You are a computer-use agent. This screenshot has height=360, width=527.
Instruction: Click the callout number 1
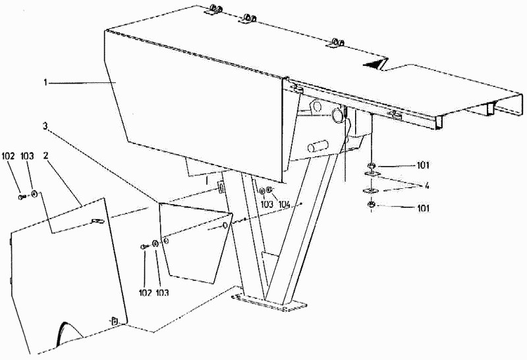click(45, 82)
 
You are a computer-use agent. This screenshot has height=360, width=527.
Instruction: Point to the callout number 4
click(427, 186)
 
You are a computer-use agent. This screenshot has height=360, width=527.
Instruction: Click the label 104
click(285, 205)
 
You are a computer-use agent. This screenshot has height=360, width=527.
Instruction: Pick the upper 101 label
click(422, 165)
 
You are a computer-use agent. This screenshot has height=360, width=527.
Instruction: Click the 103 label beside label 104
click(267, 205)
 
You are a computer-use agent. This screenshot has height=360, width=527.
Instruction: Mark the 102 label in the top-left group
click(8, 157)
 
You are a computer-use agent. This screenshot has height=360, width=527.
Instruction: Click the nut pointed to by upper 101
click(372, 165)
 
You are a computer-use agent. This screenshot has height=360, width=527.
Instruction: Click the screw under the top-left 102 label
click(22, 195)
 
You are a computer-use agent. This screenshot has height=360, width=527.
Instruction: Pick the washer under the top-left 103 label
click(34, 195)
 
